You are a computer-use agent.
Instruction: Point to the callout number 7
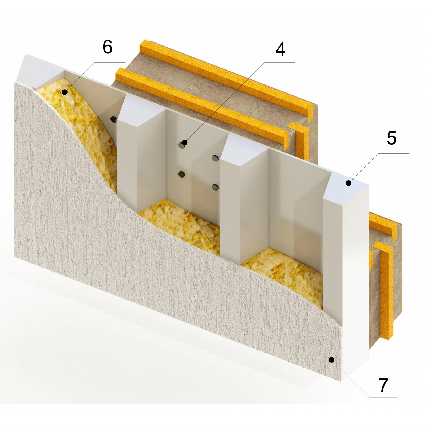[383, 385]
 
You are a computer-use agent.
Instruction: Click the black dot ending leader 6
[65, 92]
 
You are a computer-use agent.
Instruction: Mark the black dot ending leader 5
[349, 183]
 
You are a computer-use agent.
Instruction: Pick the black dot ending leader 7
[331, 360]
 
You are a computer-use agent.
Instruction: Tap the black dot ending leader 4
[184, 142]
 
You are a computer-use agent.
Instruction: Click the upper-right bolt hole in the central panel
[215, 158]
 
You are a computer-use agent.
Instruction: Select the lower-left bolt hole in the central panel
[181, 175]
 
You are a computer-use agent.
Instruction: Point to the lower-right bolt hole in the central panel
[215, 187]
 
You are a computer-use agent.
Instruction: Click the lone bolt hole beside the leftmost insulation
[114, 119]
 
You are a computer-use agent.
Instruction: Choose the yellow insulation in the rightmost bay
[286, 275]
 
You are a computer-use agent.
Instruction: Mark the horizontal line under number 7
[383, 397]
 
